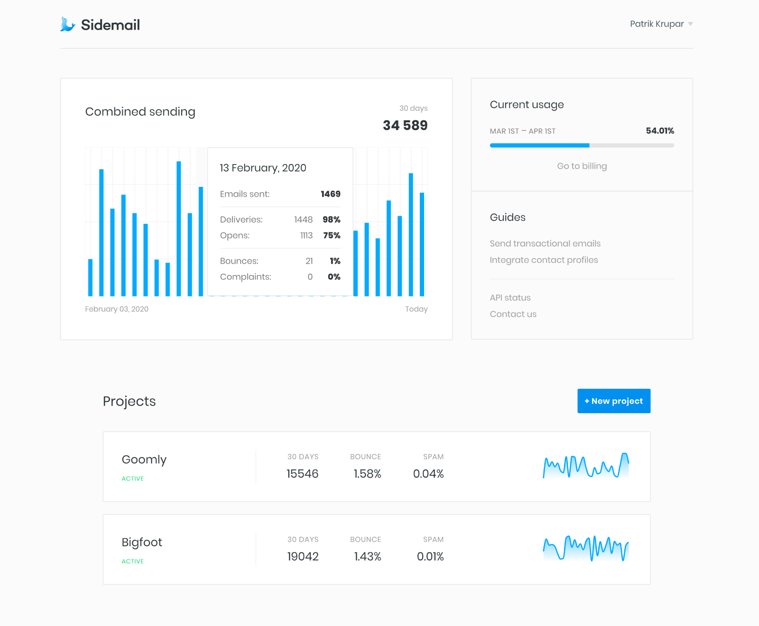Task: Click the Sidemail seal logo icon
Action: click(67, 24)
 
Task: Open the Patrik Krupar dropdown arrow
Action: click(690, 24)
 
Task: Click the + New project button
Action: click(613, 401)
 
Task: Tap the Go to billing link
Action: click(582, 166)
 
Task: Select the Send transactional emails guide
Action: click(545, 243)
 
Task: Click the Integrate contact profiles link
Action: click(544, 260)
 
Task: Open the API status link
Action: click(510, 298)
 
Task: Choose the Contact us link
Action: click(513, 314)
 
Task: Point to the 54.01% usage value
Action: click(659, 131)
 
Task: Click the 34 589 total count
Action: click(405, 125)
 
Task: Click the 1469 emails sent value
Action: click(330, 194)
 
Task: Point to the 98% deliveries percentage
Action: click(331, 220)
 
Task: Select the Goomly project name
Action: click(144, 460)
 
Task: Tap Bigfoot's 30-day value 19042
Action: click(303, 556)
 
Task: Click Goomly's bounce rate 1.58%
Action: click(367, 474)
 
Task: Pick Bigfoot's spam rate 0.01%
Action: click(430, 556)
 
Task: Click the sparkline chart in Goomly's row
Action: click(586, 466)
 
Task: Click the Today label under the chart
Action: click(416, 309)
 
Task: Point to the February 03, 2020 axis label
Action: click(117, 309)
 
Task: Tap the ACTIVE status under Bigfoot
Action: click(132, 561)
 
